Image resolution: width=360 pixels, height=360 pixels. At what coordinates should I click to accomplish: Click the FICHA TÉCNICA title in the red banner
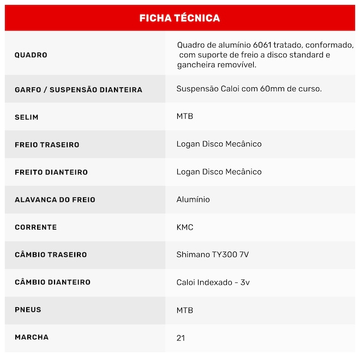tap(179, 18)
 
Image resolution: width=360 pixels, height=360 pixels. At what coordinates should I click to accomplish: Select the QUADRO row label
tap(31, 55)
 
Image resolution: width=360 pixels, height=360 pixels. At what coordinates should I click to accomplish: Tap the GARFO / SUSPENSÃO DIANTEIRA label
tap(79, 89)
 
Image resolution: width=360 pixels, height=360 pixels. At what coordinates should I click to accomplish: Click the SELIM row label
tap(27, 117)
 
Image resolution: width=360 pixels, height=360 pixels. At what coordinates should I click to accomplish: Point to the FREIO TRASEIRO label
tap(47, 145)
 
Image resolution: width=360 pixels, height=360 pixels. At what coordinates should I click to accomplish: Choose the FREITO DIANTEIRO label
tap(51, 172)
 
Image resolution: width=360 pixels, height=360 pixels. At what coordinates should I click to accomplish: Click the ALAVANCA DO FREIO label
tap(55, 200)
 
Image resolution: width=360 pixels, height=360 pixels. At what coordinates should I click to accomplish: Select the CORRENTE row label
tap(35, 227)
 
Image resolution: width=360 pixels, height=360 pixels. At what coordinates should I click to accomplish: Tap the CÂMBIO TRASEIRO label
tap(51, 255)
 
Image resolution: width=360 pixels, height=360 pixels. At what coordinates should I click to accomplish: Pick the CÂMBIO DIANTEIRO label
tap(52, 283)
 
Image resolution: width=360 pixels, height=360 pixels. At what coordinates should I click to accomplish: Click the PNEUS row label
tap(28, 310)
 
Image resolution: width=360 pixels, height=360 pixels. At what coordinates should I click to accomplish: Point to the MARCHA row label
tap(32, 337)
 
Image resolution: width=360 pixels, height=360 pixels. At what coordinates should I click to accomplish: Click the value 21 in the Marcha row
tap(181, 338)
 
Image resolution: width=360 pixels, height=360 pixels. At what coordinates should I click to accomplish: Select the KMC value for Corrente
tap(185, 227)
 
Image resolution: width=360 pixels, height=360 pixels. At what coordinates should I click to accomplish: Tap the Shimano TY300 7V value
tap(213, 255)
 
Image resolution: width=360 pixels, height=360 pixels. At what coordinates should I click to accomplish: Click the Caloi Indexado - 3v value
tap(213, 283)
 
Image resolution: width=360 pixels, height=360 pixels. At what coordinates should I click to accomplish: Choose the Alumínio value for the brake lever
tap(193, 200)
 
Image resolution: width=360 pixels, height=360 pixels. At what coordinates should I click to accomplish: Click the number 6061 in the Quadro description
tap(262, 45)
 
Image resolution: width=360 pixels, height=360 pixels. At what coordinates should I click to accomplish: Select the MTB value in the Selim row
tap(185, 117)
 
